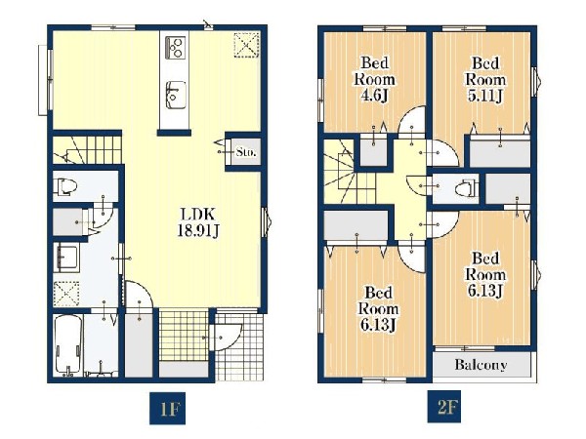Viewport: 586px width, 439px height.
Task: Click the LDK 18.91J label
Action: pos(197,222)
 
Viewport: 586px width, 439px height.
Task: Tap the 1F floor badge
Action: pos(167,409)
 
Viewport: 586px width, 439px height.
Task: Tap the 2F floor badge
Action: pos(444,407)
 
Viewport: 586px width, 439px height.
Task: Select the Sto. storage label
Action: pos(246,152)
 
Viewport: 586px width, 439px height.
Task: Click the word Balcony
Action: pos(481,364)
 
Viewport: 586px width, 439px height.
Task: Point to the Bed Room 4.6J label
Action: pos(374,79)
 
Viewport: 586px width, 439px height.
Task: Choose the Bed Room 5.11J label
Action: pos(485,79)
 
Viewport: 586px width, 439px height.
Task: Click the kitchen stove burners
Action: pos(175,47)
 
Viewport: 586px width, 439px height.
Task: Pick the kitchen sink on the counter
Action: pos(175,96)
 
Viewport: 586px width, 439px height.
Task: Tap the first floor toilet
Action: pos(65,186)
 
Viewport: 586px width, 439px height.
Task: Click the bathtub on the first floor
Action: pos(68,345)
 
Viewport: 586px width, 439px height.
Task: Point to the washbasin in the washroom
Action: pos(66,258)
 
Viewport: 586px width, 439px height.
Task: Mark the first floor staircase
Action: pos(88,149)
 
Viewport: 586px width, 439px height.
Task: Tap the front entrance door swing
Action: pos(226,338)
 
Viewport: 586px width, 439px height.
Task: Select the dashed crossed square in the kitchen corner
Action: pos(247,45)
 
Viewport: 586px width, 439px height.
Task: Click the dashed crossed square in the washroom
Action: pos(66,294)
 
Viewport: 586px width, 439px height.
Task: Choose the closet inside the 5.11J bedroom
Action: pos(500,151)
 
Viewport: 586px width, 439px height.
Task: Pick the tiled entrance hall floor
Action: pos(184,336)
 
